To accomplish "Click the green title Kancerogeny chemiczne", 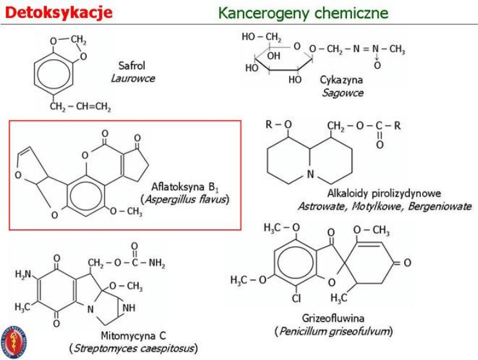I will (303, 13).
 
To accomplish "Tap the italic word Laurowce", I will (133, 78).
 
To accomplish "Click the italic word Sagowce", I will (342, 93).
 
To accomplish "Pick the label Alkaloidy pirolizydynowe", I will (384, 194).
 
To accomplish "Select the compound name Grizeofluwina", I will (333, 318).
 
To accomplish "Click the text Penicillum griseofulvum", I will (333, 331).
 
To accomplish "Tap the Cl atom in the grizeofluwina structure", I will (296, 298).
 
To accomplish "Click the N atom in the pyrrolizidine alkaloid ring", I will (310, 174).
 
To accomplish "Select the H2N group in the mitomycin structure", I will (24, 274).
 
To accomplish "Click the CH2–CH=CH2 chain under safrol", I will (80, 107).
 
